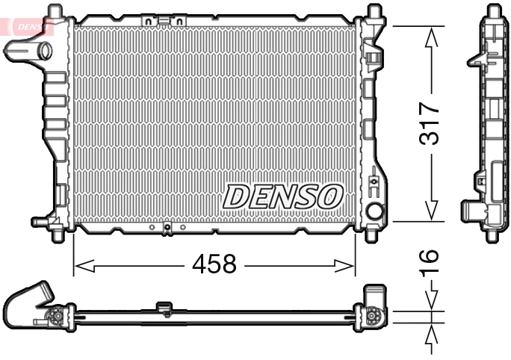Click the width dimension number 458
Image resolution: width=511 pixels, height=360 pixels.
(x=214, y=264)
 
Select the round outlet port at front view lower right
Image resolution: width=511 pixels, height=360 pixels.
(x=375, y=213)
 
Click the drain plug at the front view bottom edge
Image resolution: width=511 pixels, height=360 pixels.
(x=167, y=228)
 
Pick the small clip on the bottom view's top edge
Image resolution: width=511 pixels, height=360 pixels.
(x=164, y=307)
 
